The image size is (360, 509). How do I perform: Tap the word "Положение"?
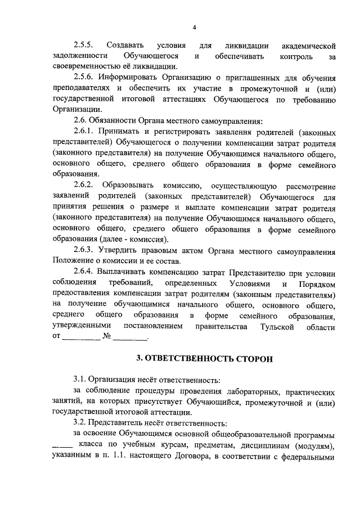(72, 260)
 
